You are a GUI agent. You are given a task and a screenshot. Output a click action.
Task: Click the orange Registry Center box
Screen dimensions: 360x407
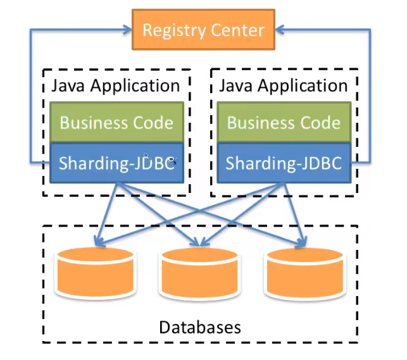coord(203,30)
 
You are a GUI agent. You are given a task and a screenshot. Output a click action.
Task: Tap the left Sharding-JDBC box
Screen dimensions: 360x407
coord(116,163)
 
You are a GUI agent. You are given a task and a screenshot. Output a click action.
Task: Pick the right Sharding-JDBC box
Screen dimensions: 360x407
coord(283,163)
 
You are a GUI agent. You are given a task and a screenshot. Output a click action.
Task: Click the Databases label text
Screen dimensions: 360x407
coord(200,327)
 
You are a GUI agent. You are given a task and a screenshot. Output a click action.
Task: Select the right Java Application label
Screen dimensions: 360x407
coord(283,85)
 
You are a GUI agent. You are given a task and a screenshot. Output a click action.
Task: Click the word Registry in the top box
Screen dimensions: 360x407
coord(175,30)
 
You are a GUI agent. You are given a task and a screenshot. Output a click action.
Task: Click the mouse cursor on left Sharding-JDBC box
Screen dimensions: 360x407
coord(147,156)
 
